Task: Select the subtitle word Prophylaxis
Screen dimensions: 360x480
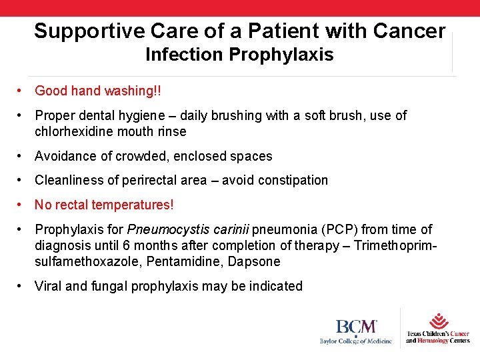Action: coord(281,55)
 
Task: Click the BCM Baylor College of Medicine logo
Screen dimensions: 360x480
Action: coord(355,331)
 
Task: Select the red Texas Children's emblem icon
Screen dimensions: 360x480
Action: coord(439,320)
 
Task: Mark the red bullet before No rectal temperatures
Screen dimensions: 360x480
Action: coord(22,205)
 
